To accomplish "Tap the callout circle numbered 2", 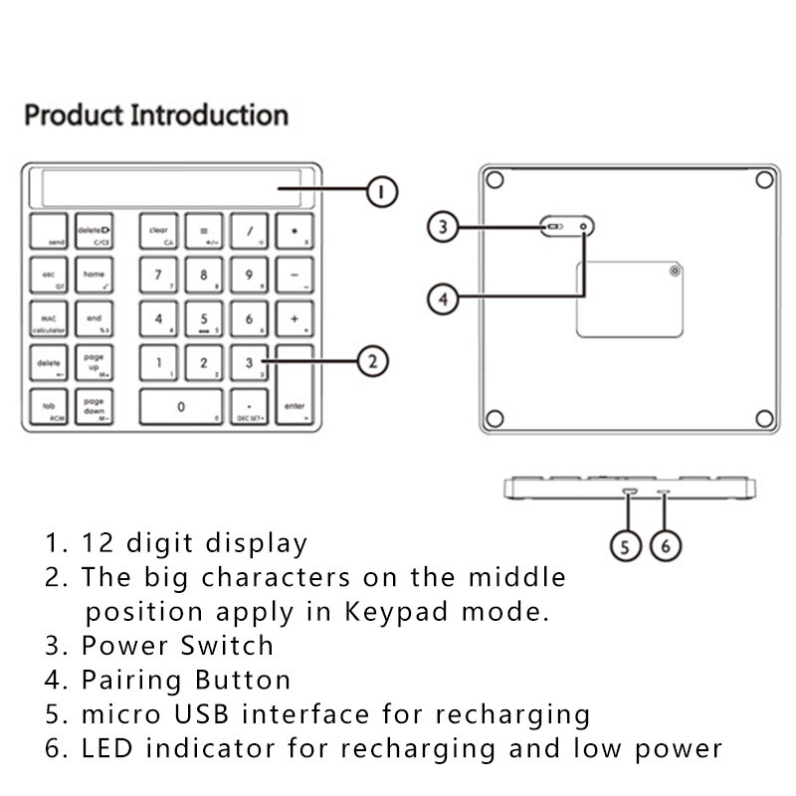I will click(371, 361).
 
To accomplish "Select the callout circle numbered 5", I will click(625, 544).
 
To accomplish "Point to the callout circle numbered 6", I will click(665, 544).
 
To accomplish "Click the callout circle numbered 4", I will click(445, 297).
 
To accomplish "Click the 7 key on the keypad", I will click(158, 275).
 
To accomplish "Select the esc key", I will click(49, 275).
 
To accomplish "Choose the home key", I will click(95, 275).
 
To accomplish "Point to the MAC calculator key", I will click(49, 319).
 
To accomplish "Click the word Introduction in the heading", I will click(209, 115).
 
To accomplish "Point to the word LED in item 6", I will click(109, 748).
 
